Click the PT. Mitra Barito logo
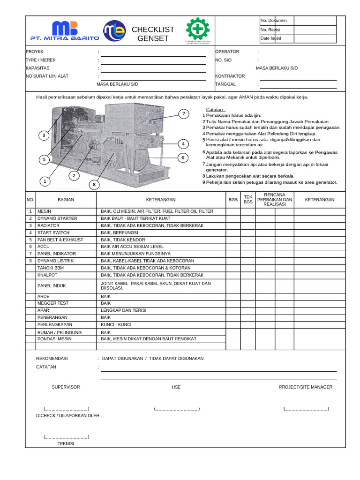click(65, 31)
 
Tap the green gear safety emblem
click(198, 30)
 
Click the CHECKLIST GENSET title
click(153, 34)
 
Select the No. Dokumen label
click(273, 21)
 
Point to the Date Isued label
click(271, 38)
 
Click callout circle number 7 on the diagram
click(184, 114)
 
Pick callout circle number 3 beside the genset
click(44, 135)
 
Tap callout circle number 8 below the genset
click(94, 185)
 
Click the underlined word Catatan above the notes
click(216, 109)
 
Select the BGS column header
click(233, 200)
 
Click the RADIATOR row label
click(48, 225)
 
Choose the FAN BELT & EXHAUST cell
click(60, 240)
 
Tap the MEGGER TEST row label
click(52, 303)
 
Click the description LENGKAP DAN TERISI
click(120, 310)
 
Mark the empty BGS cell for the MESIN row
click(233, 211)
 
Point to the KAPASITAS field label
click(37, 68)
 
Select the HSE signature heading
click(176, 387)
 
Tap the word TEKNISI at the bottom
click(66, 443)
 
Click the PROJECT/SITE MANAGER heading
click(306, 387)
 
